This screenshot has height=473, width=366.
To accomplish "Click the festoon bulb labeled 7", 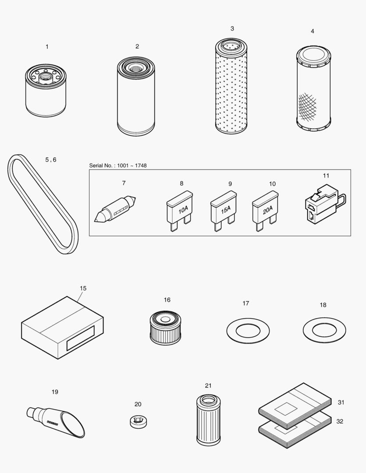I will [116, 209].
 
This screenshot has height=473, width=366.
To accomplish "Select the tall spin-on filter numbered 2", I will [136, 96].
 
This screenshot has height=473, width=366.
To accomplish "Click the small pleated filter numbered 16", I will [165, 328].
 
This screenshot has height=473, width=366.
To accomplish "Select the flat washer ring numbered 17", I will [248, 331].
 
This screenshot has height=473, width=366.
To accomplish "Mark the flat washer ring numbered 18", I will [324, 330].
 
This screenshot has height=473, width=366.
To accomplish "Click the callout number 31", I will [341, 402].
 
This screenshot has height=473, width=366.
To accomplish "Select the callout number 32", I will [340, 421].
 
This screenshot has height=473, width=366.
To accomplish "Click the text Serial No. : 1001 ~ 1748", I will [118, 165].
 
